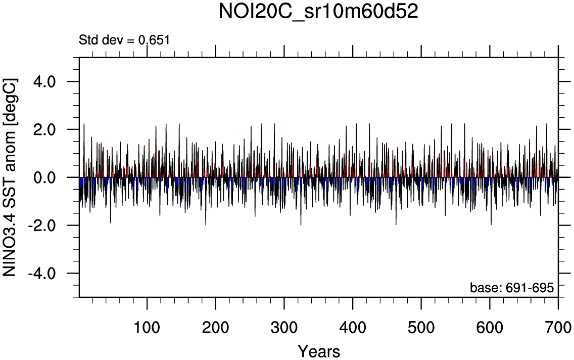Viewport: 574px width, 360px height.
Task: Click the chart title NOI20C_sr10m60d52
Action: [318, 12]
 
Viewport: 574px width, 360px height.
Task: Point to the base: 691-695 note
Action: [512, 288]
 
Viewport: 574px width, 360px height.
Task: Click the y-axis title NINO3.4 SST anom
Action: [11, 177]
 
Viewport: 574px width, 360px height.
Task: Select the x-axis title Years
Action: [318, 350]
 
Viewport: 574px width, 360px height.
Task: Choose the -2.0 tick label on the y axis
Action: [44, 226]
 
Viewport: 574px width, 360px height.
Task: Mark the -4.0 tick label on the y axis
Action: [44, 274]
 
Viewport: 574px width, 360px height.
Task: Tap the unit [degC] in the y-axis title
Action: [11, 101]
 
